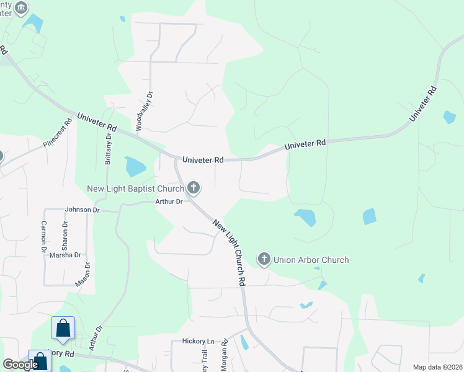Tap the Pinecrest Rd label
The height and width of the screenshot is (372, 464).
58,132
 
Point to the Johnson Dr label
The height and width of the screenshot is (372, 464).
83,210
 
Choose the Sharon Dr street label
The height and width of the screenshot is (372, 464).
65,232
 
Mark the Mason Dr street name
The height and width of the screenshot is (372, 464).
83,274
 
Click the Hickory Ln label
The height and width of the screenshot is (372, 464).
198,341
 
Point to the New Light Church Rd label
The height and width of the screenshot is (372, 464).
230,251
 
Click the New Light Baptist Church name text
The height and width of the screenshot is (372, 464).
135,188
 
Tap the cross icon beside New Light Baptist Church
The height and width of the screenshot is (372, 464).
194,187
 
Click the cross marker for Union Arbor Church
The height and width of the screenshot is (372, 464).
264,259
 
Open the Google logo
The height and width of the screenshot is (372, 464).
20,365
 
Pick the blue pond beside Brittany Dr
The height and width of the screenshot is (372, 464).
135,167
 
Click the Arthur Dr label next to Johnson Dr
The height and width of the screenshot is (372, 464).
169,201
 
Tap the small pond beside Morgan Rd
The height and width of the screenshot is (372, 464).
244,342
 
